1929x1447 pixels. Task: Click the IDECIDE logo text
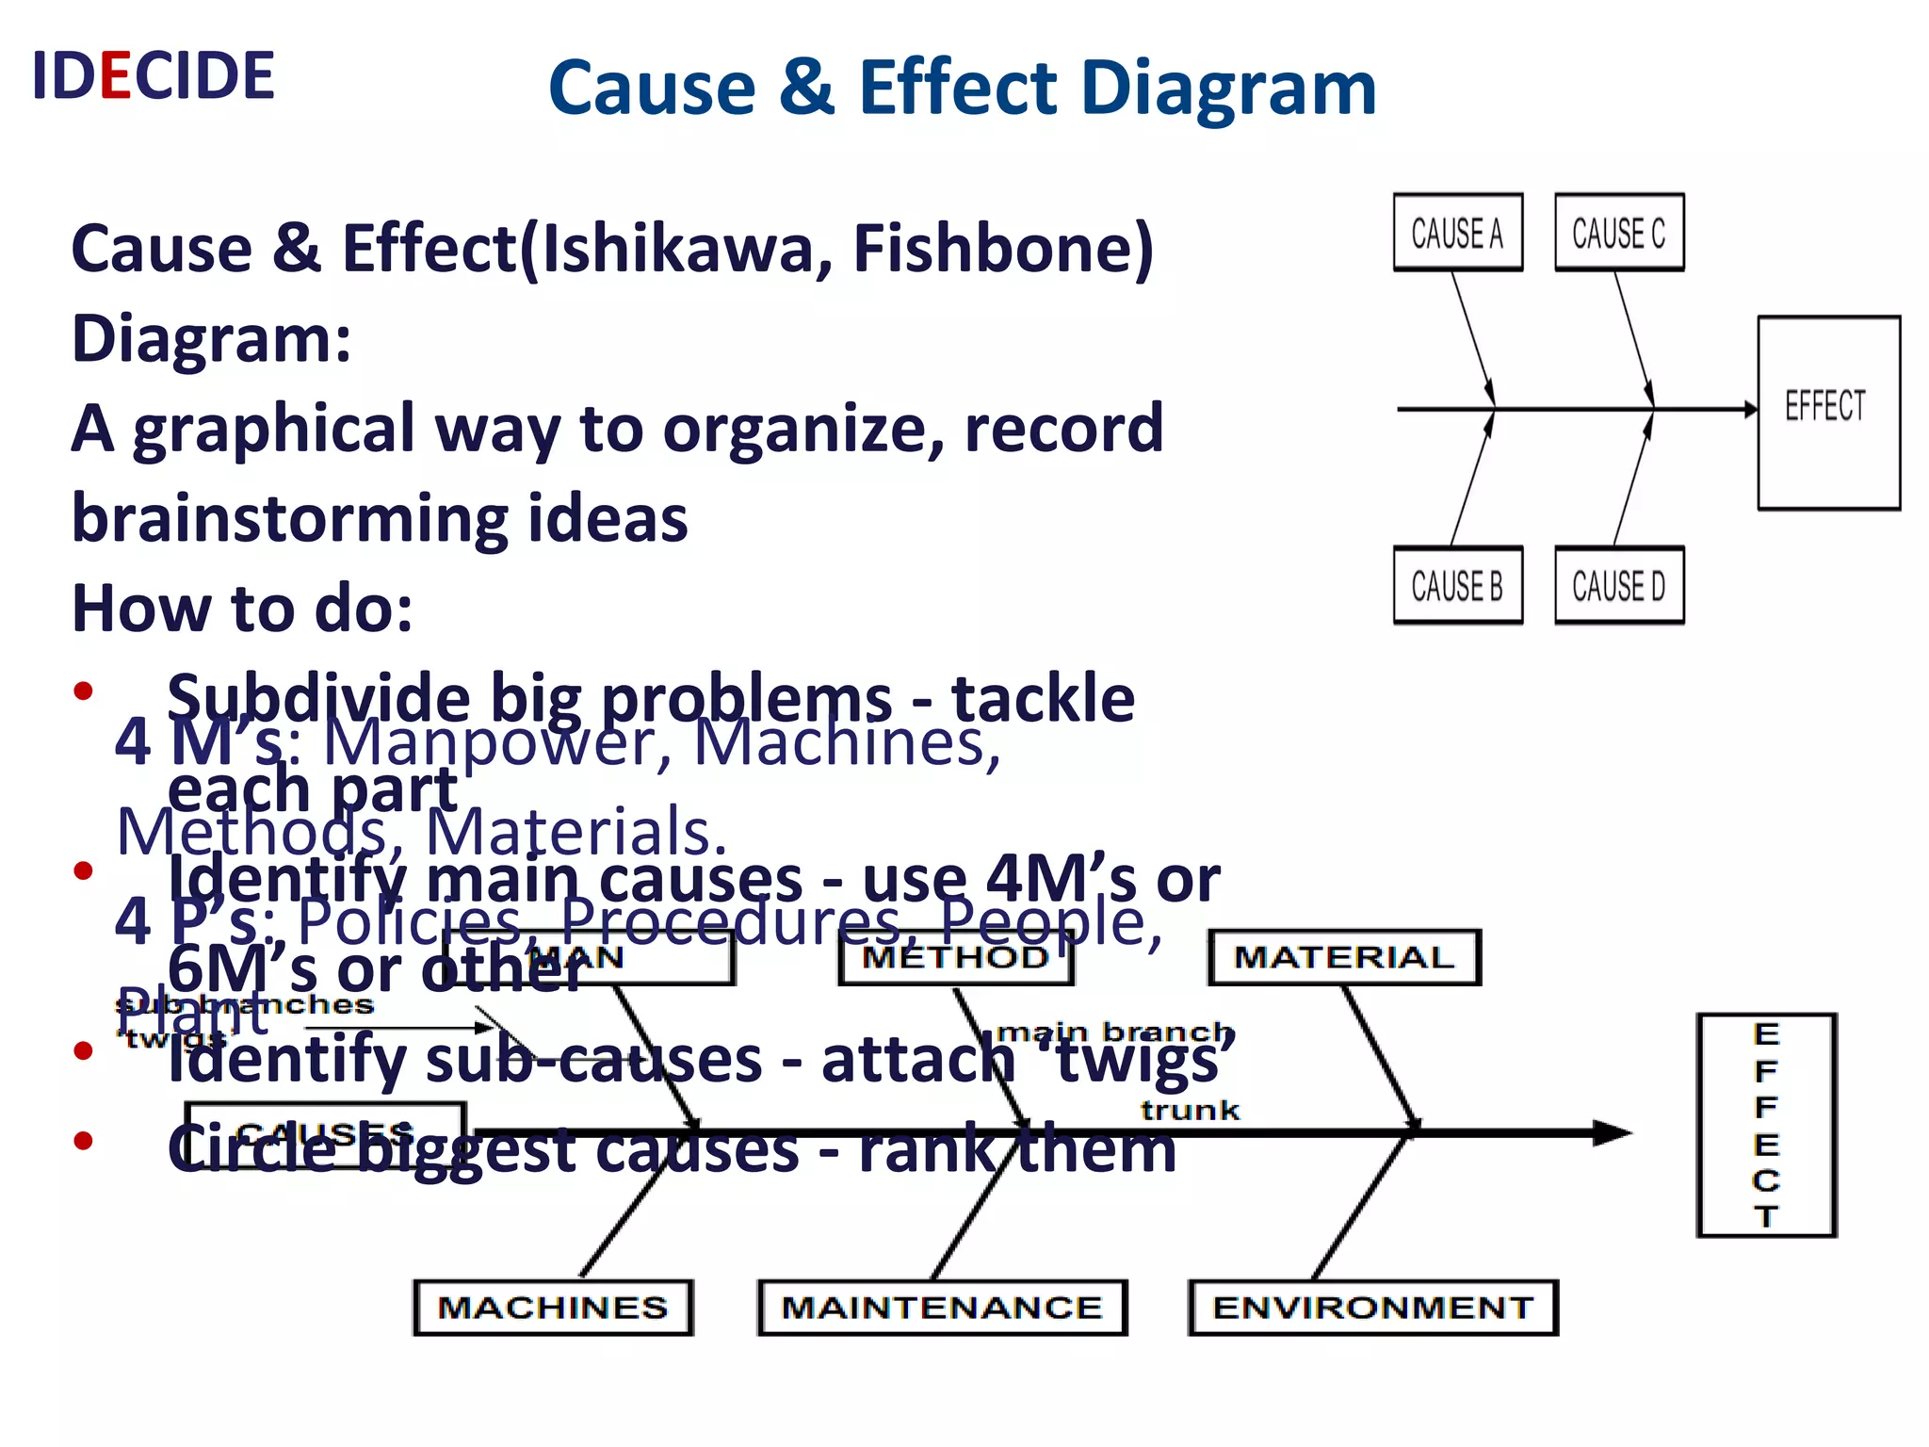click(x=153, y=75)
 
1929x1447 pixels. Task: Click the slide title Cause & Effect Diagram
click(x=962, y=88)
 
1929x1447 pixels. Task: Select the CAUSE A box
click(x=1457, y=233)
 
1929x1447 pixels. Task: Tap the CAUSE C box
click(x=1618, y=233)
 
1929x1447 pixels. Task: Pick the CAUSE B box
click(x=1457, y=585)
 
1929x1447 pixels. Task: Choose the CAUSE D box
click(x=1618, y=585)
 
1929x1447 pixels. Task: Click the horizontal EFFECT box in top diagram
click(x=1827, y=412)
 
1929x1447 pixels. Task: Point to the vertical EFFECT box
click(x=1766, y=1125)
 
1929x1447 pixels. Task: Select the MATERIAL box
click(x=1344, y=957)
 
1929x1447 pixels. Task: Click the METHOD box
click(x=955, y=957)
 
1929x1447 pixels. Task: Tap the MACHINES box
click(x=553, y=1308)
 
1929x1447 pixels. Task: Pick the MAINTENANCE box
click(x=942, y=1308)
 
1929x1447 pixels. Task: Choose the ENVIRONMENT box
click(x=1372, y=1308)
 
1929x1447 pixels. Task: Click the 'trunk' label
click(x=1190, y=1111)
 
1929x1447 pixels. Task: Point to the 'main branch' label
click(x=1114, y=1032)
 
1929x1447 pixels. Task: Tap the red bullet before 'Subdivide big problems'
click(x=84, y=691)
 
